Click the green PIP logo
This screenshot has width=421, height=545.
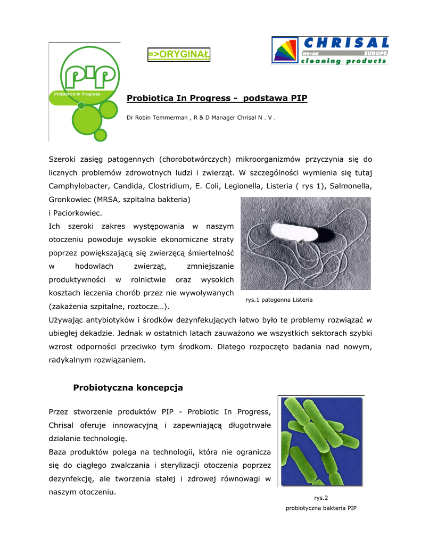coord(86,90)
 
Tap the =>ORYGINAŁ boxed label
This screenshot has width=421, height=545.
coord(179,54)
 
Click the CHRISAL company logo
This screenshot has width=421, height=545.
coord(330,51)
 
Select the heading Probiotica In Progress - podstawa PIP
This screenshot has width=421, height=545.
coord(217,98)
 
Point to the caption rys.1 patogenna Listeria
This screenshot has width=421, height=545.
coord(279,300)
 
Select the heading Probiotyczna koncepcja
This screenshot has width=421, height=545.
coord(128,387)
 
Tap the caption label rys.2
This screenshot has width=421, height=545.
coord(320,498)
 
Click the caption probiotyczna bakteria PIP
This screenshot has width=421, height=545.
coord(320,508)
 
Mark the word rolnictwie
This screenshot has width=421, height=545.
coord(148,280)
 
